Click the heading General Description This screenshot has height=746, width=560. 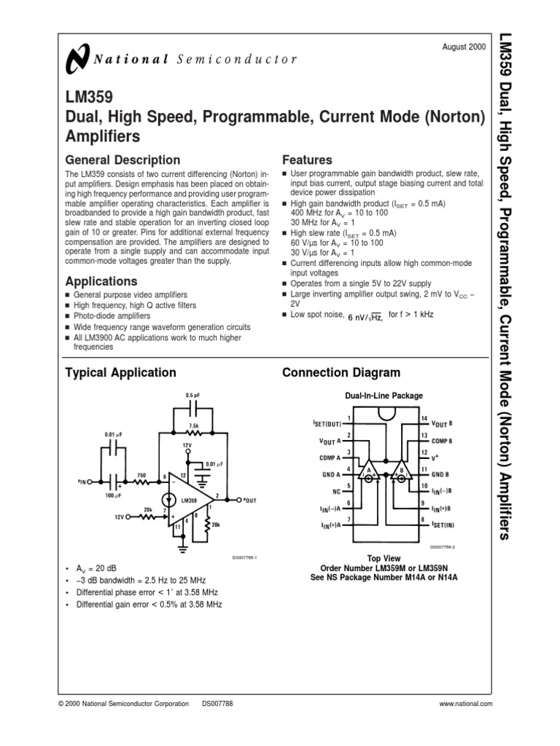coord(122,160)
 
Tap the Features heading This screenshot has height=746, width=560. coord(307,160)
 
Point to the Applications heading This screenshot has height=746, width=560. coord(101,281)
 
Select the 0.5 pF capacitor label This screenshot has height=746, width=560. coord(193,396)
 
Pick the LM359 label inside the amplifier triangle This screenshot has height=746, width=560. coord(189,500)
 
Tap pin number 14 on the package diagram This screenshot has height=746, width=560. coord(425,417)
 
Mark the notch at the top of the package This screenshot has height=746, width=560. coord(386,414)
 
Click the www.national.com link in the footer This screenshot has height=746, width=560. coord(466,704)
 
